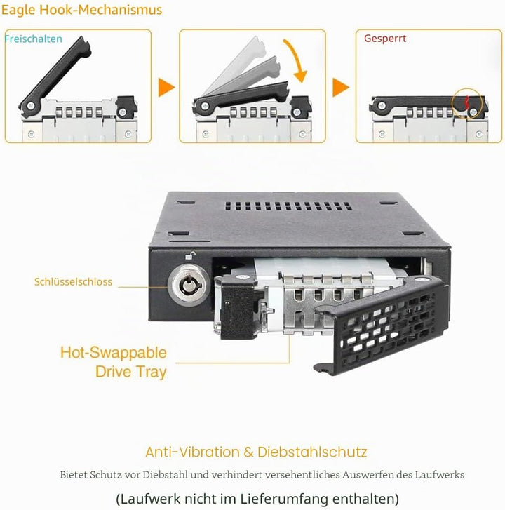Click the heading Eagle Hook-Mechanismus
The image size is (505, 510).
click(x=81, y=10)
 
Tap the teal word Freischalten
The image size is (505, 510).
click(x=33, y=39)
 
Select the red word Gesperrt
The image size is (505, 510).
click(x=385, y=39)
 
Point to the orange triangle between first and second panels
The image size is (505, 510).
click(x=166, y=87)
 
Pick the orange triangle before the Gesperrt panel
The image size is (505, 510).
click(x=340, y=87)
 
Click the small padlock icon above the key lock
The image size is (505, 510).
click(x=191, y=255)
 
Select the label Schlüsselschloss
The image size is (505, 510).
click(x=73, y=282)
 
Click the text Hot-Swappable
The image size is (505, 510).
click(x=114, y=353)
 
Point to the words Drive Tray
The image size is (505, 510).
click(x=131, y=372)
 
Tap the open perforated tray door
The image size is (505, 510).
click(x=380, y=326)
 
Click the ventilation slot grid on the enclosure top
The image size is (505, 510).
click(x=288, y=206)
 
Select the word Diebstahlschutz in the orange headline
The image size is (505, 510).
click(x=312, y=452)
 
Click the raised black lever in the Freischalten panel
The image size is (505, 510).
click(x=55, y=76)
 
